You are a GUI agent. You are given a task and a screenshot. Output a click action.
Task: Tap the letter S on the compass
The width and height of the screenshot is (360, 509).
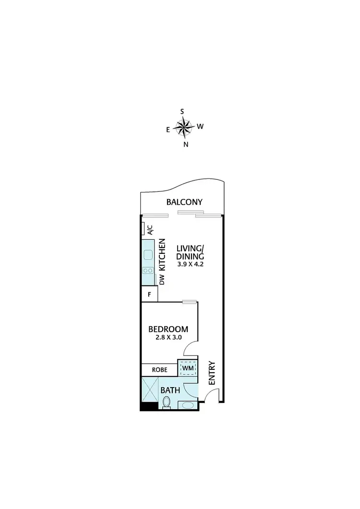coord(182,111)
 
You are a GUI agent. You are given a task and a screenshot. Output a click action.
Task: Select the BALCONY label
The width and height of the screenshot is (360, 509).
coord(184,202)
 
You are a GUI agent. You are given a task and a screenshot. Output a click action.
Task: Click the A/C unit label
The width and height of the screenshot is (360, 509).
coord(150,230)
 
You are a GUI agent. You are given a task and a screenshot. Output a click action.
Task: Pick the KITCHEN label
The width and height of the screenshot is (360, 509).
coord(162,254)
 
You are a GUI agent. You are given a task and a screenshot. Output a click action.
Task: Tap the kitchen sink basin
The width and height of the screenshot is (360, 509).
coord(147,255)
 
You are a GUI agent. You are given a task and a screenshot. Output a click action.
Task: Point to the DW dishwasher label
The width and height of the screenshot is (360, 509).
coord(162,280)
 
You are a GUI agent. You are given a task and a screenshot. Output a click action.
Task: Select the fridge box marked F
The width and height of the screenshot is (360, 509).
coord(149,295)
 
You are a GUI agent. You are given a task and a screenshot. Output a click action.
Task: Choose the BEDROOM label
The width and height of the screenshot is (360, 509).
coord(168,329)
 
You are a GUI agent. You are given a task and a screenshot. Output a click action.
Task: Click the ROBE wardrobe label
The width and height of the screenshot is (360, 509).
coord(159,370)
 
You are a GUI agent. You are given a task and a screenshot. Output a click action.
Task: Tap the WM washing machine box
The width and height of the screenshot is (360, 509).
coord(187,368)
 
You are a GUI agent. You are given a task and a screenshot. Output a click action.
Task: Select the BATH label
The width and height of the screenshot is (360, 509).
coord(170,391)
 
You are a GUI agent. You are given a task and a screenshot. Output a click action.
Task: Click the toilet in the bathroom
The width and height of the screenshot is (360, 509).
coord(166,405)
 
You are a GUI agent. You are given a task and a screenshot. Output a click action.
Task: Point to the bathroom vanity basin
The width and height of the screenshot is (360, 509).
coord(187,405)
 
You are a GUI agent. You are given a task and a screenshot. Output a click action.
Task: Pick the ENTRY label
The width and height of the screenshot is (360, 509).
coord(212,373)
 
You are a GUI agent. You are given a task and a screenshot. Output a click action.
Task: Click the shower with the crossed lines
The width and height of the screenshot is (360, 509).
coord(149,390)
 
